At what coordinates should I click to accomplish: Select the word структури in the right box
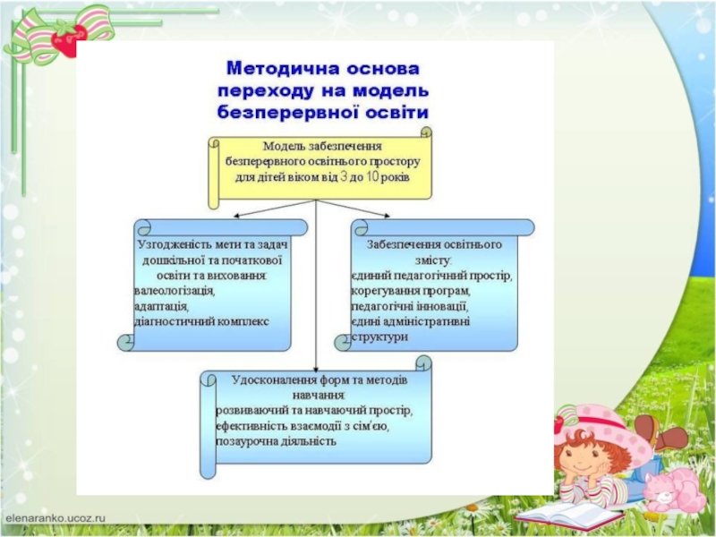tap(379, 337)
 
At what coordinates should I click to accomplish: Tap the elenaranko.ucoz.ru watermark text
tap(55, 517)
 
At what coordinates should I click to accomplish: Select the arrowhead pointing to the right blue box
tap(388, 215)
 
